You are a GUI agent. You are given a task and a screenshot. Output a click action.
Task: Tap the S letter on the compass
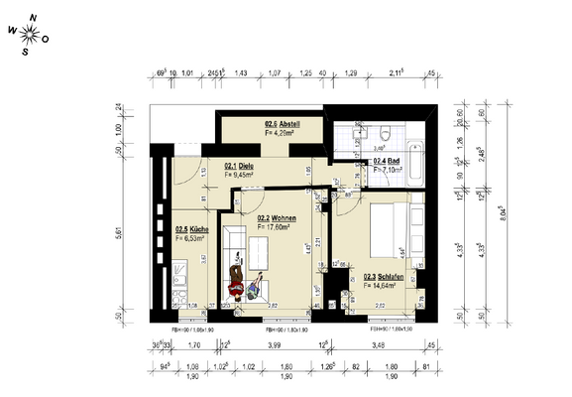(x=26, y=53)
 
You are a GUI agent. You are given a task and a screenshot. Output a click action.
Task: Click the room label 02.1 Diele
(x=240, y=166)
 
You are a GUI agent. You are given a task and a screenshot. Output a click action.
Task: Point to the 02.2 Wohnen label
(x=278, y=219)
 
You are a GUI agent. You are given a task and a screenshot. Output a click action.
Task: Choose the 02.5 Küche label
(x=189, y=230)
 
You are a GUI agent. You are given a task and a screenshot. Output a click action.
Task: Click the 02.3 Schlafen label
(x=381, y=278)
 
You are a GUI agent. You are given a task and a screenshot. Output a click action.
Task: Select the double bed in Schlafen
(x=389, y=233)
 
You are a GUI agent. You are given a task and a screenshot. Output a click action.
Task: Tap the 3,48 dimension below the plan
(x=379, y=345)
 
